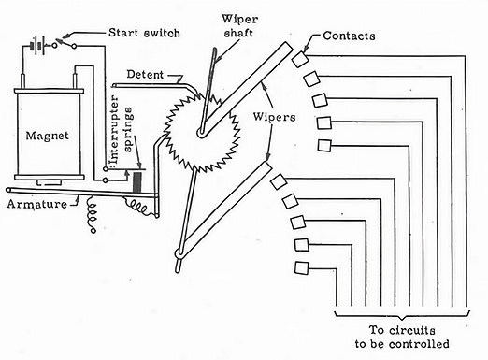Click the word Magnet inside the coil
pyautogui.click(x=47, y=136)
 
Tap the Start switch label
pyautogui.click(x=144, y=33)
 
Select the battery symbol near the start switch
pyautogui.click(x=37, y=47)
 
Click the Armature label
pyautogui.click(x=36, y=205)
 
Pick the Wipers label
pyautogui.click(x=274, y=117)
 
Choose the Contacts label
pyautogui.click(x=349, y=36)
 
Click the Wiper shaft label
pyautogui.click(x=239, y=26)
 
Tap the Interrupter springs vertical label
pyautogui.click(x=121, y=130)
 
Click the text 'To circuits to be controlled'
pyautogui.click(x=402, y=337)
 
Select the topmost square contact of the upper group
pyautogui.click(x=300, y=59)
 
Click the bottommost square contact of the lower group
pyautogui.click(x=301, y=268)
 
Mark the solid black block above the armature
pyautogui.click(x=137, y=183)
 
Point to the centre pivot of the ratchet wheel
pyautogui.click(x=201, y=134)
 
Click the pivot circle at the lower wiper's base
pyautogui.click(x=179, y=253)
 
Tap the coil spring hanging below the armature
pyautogui.click(x=92, y=214)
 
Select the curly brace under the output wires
pyautogui.click(x=402, y=315)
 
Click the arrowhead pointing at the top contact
pyautogui.click(x=306, y=49)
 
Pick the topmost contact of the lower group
pyautogui.click(x=279, y=182)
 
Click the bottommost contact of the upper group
pyautogui.click(x=324, y=146)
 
